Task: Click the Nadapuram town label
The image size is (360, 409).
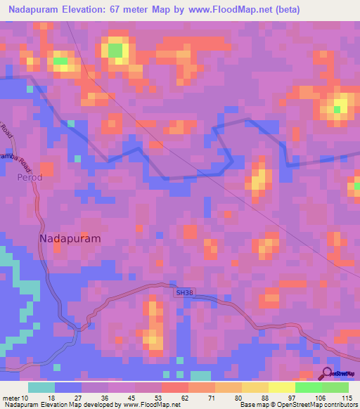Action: (70, 238)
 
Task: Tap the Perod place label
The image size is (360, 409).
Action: (30, 177)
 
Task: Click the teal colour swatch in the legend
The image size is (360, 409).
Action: (41, 387)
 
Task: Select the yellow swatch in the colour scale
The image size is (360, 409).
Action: (282, 387)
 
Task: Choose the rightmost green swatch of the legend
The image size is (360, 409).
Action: (335, 387)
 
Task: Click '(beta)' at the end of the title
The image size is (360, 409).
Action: (288, 10)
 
